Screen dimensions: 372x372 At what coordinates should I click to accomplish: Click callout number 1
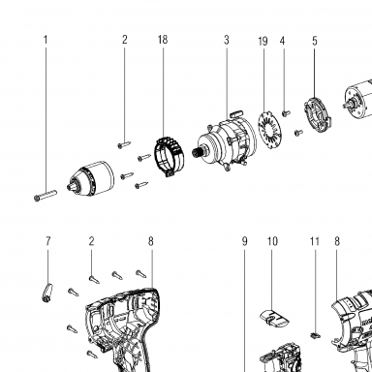point(46,40)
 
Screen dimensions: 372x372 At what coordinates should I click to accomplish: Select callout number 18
point(163,40)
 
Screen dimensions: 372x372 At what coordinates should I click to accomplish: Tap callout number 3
point(227,40)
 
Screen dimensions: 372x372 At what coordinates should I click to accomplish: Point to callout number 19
point(263,42)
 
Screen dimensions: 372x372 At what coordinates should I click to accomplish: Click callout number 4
point(283,41)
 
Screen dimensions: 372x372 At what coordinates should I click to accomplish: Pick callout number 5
point(315,41)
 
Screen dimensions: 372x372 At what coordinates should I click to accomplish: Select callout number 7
point(48,241)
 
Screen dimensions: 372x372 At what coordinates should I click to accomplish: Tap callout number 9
point(244,241)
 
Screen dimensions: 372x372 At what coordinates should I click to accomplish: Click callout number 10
point(272,241)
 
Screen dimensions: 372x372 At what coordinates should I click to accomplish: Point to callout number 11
point(315,241)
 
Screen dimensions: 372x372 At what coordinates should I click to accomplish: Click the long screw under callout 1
point(46,196)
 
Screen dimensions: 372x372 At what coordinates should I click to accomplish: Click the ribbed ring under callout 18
point(170,157)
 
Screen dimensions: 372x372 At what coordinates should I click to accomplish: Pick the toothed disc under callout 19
point(269,126)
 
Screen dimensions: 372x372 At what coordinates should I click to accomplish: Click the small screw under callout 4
point(286,113)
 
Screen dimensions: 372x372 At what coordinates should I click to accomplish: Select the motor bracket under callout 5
point(318,115)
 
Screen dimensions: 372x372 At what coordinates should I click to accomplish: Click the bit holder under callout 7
point(47,293)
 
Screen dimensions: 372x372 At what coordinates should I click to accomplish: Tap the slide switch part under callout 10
point(274,318)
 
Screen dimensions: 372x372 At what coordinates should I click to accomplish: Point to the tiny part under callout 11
point(316,335)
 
